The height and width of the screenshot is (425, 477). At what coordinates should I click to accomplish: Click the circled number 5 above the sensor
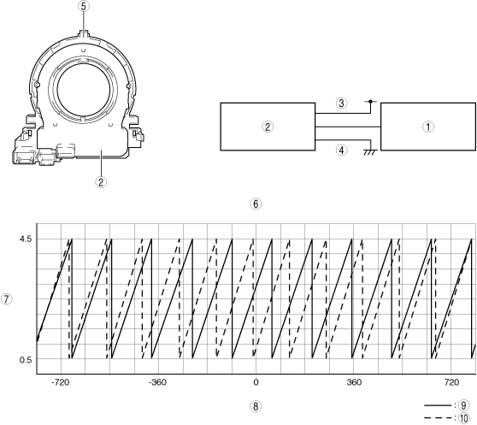point(84,7)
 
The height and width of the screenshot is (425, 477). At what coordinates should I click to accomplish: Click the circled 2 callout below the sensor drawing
point(101,182)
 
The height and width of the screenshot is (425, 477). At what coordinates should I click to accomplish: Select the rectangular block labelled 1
point(428,127)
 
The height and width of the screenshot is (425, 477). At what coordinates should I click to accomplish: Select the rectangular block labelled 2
point(268,127)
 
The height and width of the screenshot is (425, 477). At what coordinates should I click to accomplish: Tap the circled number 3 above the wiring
point(342,103)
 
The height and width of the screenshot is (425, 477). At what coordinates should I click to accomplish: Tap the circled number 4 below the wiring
point(342,150)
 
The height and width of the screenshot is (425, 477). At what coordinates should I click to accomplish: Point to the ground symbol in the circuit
point(370,152)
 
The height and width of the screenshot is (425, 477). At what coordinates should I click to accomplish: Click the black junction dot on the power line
point(370,101)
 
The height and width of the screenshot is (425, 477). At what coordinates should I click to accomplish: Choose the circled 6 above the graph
point(256,204)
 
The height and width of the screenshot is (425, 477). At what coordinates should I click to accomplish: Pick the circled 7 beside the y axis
point(7,299)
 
